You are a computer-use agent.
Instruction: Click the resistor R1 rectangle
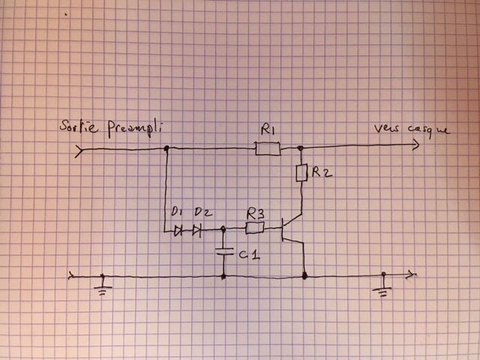coord(268,150)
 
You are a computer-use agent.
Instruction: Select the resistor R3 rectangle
coord(256,225)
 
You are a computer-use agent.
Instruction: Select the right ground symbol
coord(383,286)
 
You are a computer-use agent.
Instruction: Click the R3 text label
coord(256,211)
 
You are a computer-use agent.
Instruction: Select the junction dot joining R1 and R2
coord(300,149)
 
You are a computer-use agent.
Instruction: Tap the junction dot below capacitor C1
coord(223,276)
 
